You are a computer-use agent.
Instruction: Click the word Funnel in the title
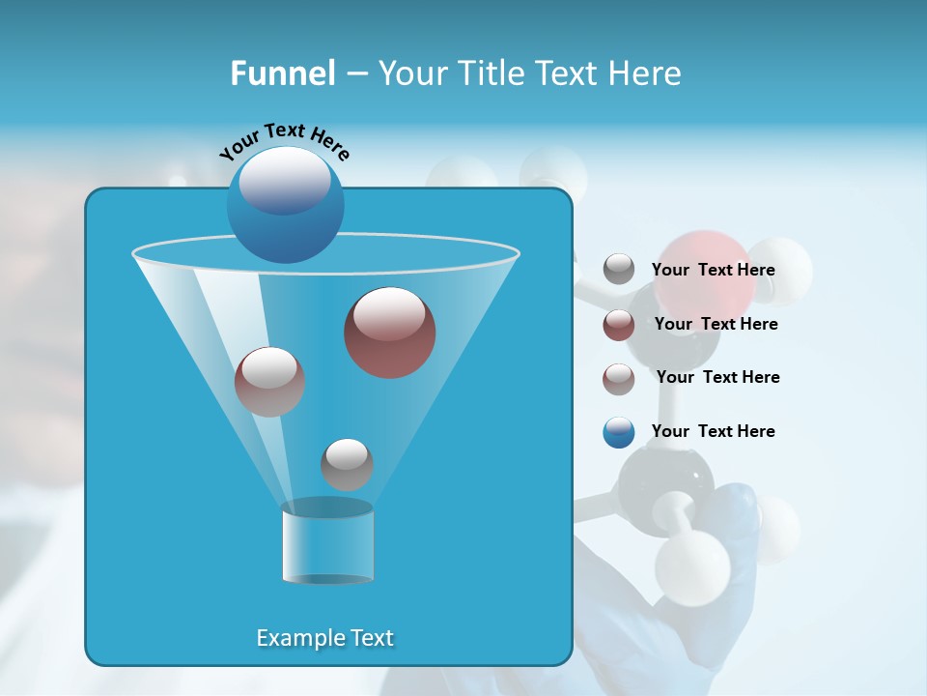point(283,73)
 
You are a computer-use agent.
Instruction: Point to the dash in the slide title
point(355,74)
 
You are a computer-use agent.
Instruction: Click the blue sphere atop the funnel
point(285,203)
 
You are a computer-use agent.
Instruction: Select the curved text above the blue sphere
point(284,141)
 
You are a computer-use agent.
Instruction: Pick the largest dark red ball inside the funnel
point(389,332)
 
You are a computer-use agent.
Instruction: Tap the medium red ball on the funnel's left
point(269,381)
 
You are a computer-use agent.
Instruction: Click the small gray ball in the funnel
point(347,464)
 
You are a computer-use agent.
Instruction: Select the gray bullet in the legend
point(619,269)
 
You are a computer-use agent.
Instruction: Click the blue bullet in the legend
point(619,432)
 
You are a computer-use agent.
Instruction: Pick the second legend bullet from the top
point(619,325)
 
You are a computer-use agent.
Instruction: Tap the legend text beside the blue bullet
point(713,431)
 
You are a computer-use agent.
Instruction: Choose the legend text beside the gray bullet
point(713,270)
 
